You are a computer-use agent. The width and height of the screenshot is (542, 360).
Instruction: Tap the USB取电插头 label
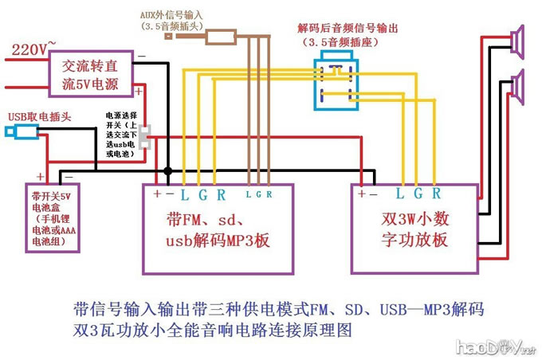click(39, 116)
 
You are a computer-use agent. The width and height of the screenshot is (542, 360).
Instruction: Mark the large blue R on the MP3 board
click(221, 194)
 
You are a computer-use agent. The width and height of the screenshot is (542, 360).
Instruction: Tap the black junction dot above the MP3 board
click(167, 171)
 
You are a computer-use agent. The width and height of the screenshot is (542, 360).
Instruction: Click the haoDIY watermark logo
click(494, 346)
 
